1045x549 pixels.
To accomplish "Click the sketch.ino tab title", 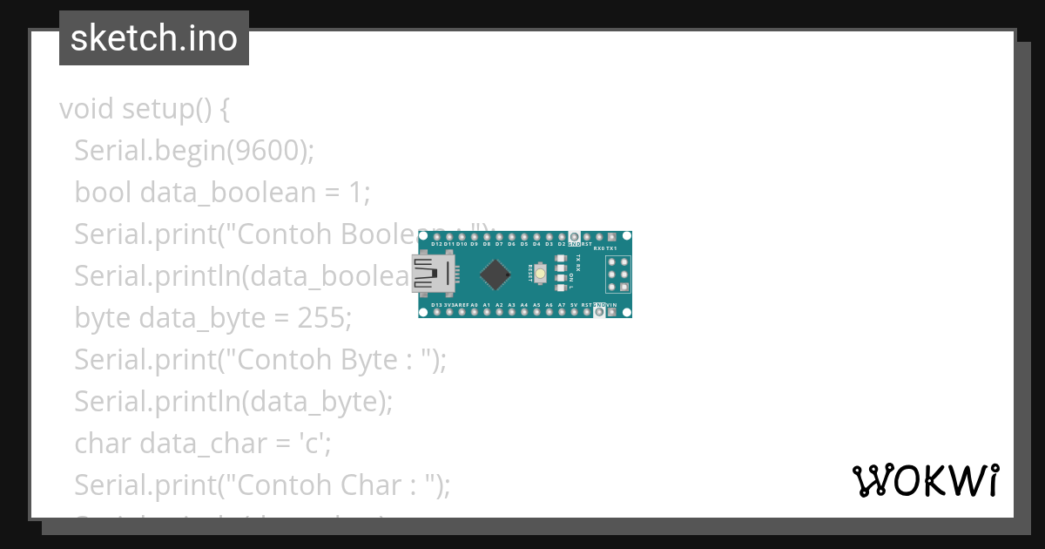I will point(153,38).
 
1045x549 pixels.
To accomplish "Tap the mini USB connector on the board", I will point(433,274).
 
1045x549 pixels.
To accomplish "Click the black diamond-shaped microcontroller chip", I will point(496,274).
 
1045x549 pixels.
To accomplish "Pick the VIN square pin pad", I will point(612,312).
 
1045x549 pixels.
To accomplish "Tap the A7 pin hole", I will point(562,312).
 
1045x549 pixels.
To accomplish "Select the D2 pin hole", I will point(562,237).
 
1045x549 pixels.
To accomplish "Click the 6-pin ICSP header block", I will point(618,274).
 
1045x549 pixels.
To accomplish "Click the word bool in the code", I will point(104,193).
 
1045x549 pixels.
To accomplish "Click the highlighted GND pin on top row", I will point(575,237).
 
